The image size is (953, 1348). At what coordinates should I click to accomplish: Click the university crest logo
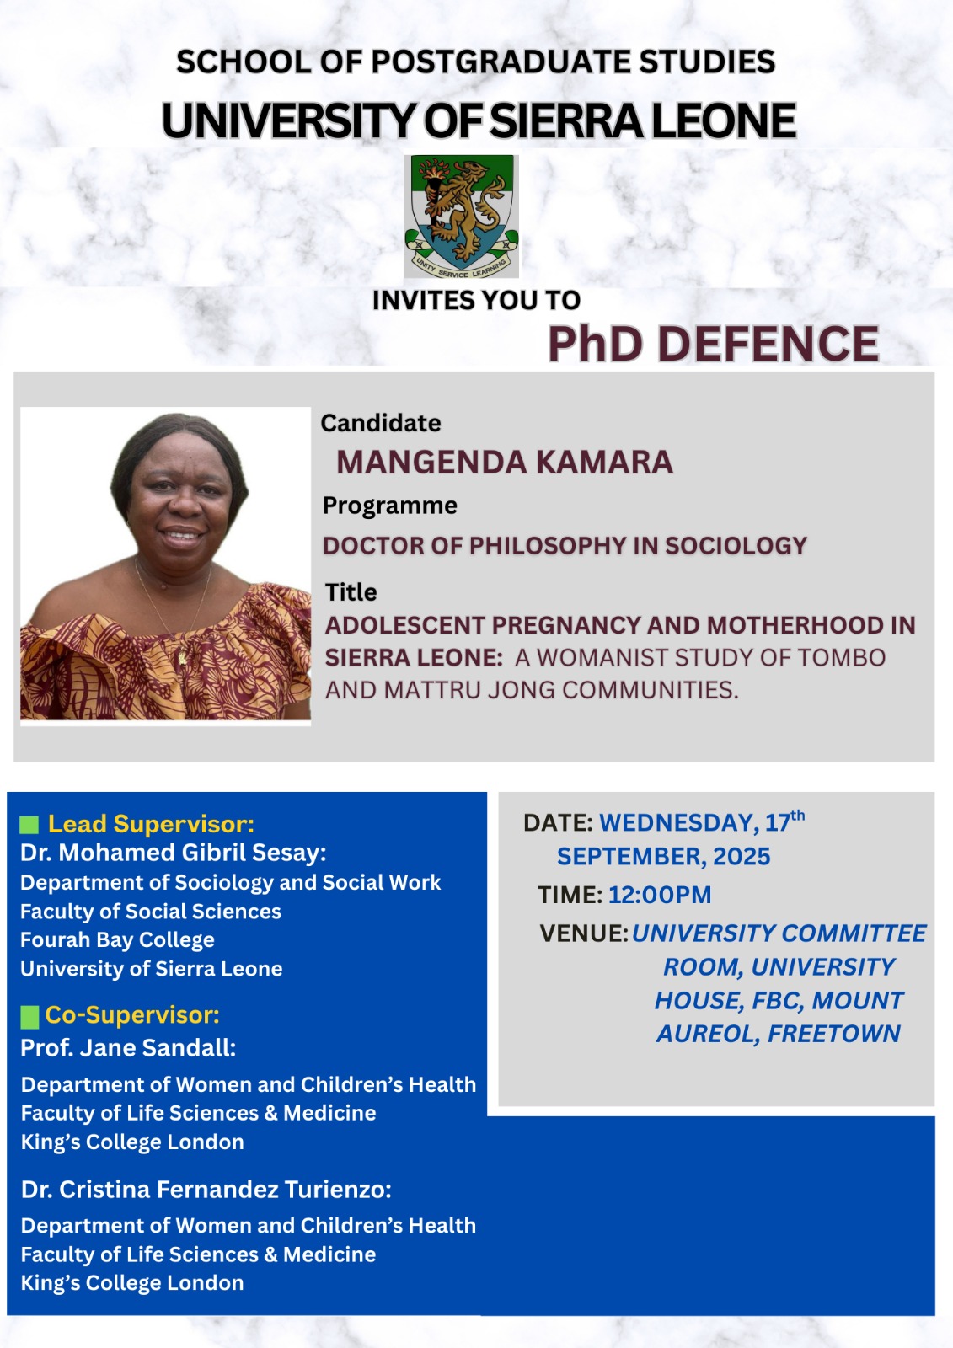click(461, 216)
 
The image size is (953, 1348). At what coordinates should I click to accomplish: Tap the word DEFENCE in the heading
click(768, 344)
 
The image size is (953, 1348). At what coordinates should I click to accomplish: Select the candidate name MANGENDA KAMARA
click(505, 463)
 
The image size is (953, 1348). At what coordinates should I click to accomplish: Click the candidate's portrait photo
click(165, 565)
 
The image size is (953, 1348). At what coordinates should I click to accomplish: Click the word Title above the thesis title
click(351, 593)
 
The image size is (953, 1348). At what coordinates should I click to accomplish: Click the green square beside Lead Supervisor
click(29, 825)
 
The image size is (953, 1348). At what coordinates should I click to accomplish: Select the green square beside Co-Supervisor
click(29, 1016)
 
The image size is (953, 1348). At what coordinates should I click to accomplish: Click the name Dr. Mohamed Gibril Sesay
click(174, 853)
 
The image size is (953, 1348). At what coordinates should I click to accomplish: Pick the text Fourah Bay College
click(117, 939)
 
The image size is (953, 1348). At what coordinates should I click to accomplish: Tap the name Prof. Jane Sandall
click(128, 1048)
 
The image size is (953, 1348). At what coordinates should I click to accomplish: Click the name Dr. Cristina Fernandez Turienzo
click(206, 1189)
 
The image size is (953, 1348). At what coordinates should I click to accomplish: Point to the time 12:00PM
click(660, 895)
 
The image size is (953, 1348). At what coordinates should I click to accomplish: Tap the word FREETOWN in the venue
click(834, 1034)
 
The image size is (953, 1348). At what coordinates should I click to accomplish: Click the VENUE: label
click(584, 933)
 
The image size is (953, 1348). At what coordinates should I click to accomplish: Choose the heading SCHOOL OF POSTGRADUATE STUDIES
click(475, 62)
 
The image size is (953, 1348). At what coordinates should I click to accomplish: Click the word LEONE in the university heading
click(723, 120)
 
